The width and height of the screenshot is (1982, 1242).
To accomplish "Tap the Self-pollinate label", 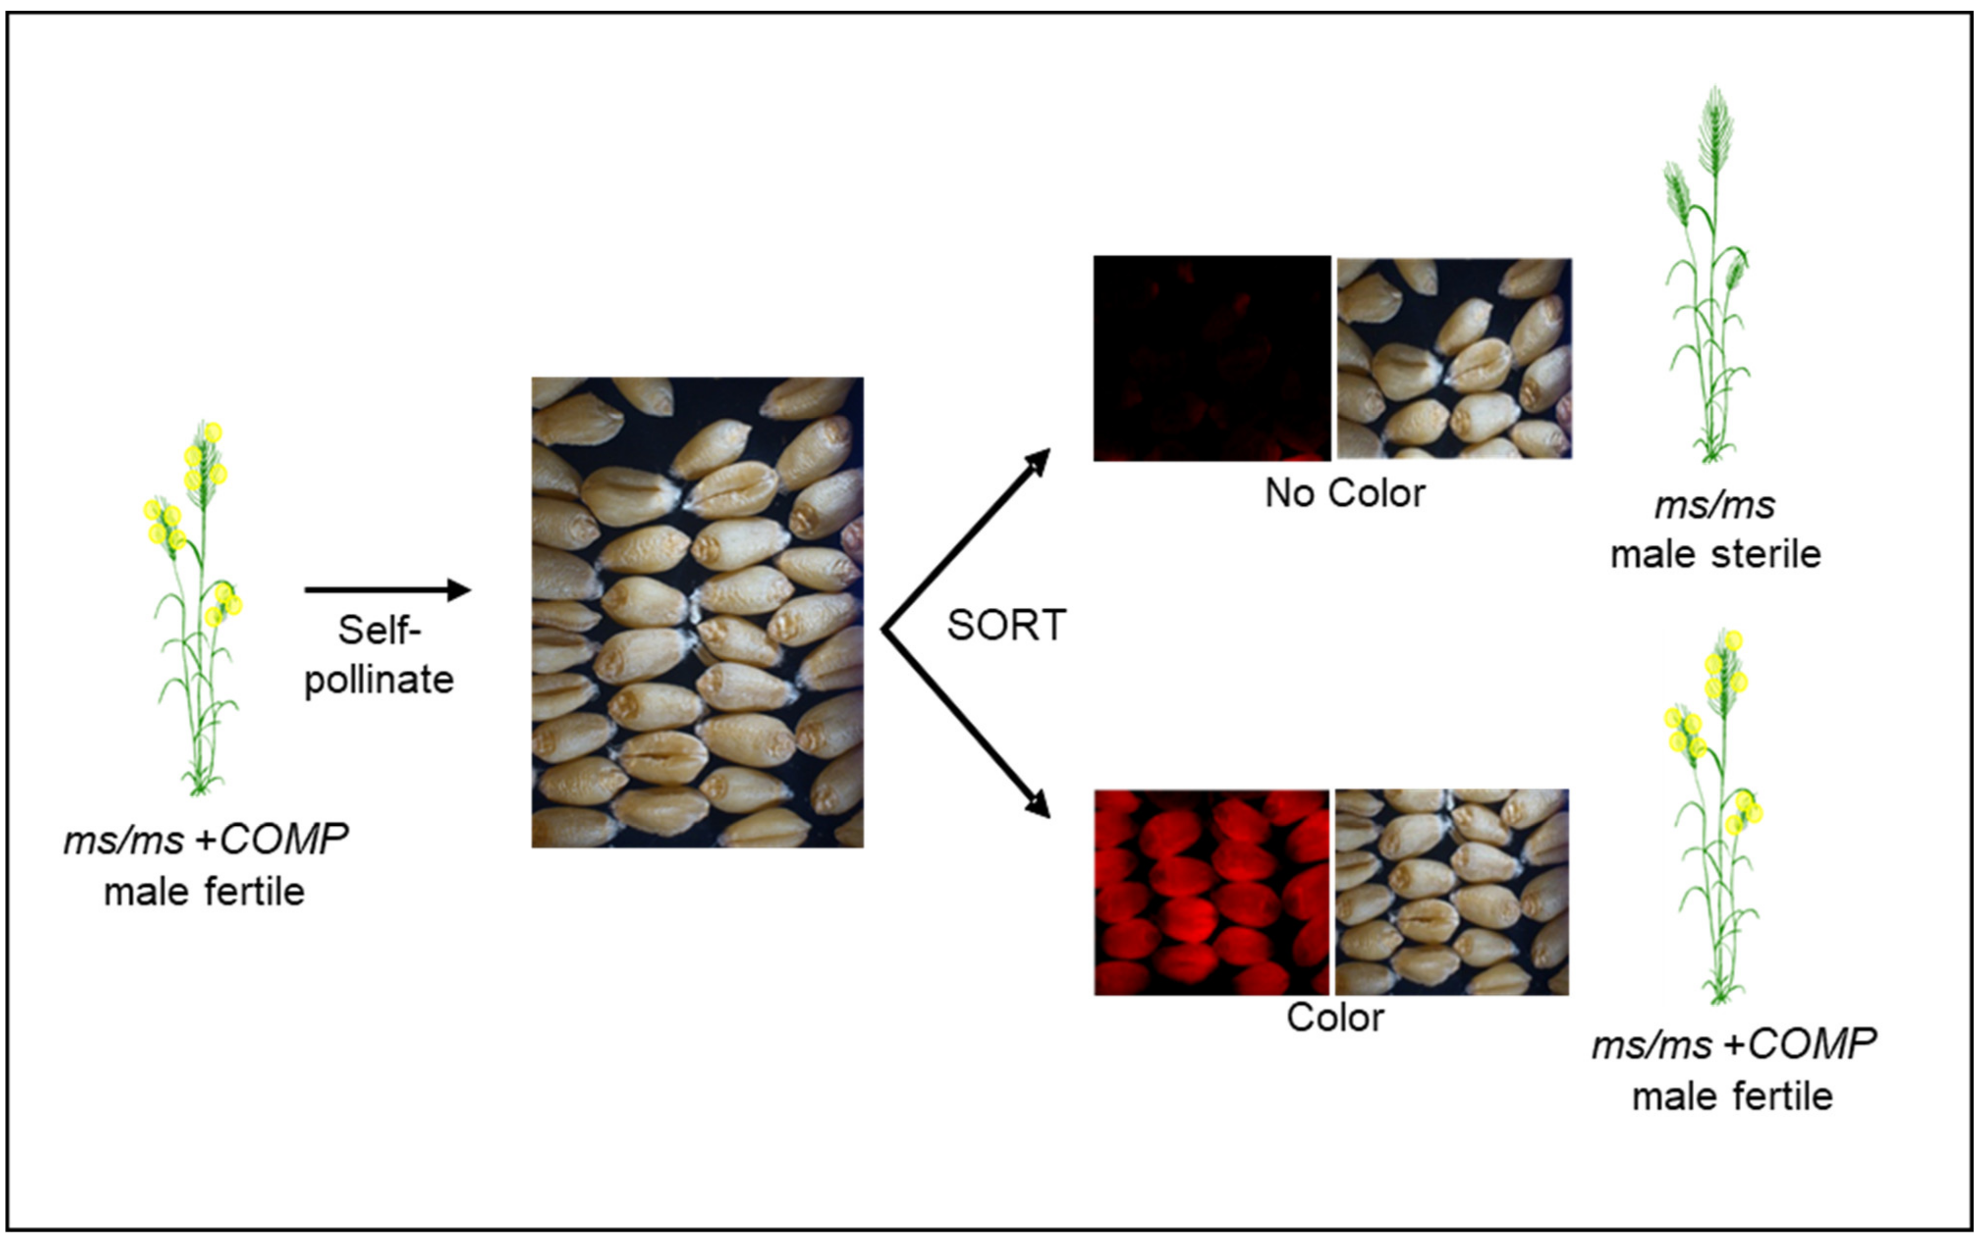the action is point(379,655).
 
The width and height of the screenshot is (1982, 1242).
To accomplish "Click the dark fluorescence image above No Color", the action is point(1211,358).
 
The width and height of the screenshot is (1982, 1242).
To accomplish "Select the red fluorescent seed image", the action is point(1211,892).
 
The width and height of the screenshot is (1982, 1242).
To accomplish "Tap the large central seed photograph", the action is point(697,612).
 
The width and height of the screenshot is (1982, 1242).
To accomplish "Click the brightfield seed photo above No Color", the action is point(1454,358).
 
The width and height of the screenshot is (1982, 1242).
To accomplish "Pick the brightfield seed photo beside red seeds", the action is point(1451,892).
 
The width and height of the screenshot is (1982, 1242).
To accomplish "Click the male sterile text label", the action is point(1715,554).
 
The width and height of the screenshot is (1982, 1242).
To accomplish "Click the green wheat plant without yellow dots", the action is point(1709,279).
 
